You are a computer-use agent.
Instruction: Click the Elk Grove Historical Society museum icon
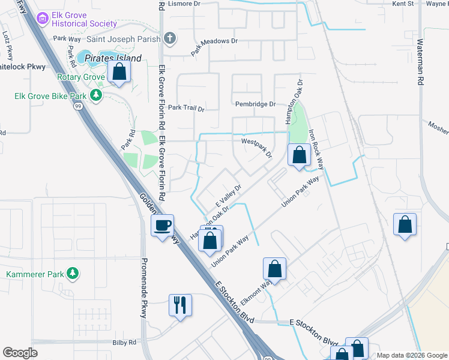click(43, 19)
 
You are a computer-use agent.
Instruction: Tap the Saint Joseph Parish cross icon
click(170, 39)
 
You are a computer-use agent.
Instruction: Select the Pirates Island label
click(113, 59)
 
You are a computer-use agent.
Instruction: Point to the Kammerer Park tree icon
click(73, 274)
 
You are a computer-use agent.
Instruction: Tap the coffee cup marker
click(162, 226)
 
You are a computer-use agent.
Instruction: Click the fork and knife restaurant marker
click(180, 305)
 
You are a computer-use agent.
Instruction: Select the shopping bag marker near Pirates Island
click(119, 73)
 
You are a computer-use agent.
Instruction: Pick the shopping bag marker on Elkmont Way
click(274, 268)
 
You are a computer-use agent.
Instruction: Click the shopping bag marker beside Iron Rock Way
click(299, 155)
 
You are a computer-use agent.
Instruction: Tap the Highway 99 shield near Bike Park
click(79, 106)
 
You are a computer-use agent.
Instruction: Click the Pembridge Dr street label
click(255, 104)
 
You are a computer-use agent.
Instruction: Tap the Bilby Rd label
click(124, 343)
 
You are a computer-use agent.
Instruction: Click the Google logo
click(20, 353)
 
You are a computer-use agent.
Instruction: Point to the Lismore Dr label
click(184, 4)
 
